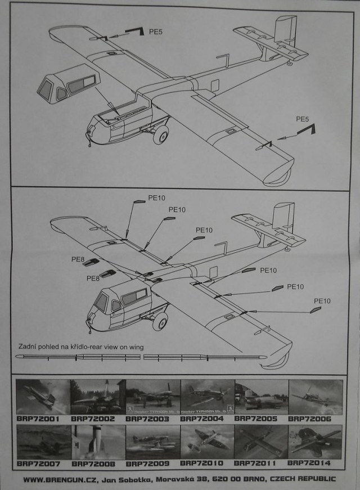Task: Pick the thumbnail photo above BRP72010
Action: point(207,442)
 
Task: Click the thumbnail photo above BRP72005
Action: point(261,397)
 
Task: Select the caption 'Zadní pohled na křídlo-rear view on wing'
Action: point(80,347)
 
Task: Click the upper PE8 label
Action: point(77,259)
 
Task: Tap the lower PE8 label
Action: point(93,278)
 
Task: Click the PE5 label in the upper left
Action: point(155,33)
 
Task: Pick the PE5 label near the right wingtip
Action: point(303,119)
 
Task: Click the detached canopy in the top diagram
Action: point(66,84)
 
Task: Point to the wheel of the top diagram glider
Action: point(160,134)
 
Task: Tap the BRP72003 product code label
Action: point(152,419)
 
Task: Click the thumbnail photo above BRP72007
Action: point(43,442)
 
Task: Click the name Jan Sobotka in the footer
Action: point(125,479)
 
